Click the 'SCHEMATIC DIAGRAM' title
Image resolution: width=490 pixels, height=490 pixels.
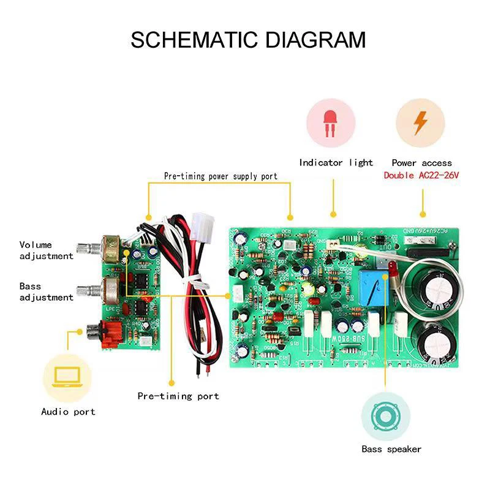[x=248, y=40]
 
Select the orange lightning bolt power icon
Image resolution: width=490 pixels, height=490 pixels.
[x=420, y=122]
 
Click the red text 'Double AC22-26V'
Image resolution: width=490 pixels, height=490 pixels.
[x=421, y=175]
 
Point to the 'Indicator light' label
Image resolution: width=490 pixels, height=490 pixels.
[x=336, y=162]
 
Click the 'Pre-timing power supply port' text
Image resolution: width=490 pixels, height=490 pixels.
[x=221, y=176]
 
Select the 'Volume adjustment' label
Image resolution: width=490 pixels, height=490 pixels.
[x=46, y=251]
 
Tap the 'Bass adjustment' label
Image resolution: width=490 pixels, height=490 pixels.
[x=46, y=292]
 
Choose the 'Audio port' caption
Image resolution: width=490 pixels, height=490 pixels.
[x=68, y=412]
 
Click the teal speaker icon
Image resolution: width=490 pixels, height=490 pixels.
[x=385, y=417]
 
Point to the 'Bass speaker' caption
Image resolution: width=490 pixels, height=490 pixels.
[x=391, y=449]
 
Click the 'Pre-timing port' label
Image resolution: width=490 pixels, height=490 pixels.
[x=178, y=396]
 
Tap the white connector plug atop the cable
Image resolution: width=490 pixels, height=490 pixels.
[x=199, y=228]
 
